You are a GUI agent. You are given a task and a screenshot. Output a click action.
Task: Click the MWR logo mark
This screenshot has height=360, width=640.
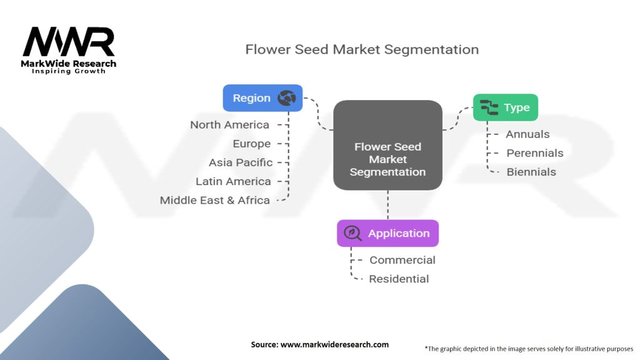pos(69,42)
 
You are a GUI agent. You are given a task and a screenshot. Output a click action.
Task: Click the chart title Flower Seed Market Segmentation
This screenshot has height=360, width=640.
pos(362,49)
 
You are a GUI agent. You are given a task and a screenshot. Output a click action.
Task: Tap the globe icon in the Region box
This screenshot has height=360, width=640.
pos(287,98)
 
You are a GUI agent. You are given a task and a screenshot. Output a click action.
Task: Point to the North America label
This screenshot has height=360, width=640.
pos(229,125)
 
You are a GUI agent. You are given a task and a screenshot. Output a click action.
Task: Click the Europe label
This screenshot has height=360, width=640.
pos(251,144)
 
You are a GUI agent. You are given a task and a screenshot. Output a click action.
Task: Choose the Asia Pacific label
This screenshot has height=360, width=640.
pos(241,162)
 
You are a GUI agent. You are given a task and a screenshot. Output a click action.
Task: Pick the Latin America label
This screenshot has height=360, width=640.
pos(233,181)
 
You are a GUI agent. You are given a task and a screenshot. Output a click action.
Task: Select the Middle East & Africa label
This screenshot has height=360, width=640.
pos(215,200)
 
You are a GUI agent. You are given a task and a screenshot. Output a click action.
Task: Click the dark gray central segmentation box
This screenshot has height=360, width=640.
pos(387,145)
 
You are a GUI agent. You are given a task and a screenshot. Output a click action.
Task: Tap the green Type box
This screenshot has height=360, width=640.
pos(505,107)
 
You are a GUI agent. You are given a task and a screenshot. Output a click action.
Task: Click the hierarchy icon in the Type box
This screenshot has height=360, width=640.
pos(489,107)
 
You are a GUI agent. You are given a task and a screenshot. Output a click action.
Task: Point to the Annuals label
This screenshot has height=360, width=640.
pos(527,134)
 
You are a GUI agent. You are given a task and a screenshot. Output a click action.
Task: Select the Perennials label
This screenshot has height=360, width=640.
pos(534,153)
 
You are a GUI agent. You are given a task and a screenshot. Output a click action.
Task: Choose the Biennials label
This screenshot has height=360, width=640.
pos(531,172)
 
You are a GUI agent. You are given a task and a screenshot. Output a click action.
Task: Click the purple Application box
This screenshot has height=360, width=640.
pos(387,233)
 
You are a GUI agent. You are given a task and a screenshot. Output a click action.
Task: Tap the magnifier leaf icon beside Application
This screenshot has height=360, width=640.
pos(353,233)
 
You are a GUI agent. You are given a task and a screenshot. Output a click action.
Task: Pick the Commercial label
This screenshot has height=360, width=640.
pos(402,260)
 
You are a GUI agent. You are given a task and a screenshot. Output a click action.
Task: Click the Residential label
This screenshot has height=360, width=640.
pos(399,279)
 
